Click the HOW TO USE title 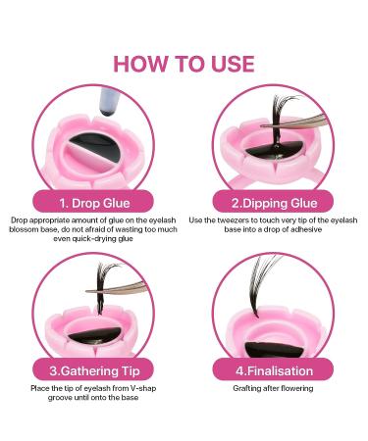[x=184, y=64]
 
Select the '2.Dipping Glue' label [x=275, y=203]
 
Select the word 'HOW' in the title [x=140, y=64]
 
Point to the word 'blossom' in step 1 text [x=29, y=230]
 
